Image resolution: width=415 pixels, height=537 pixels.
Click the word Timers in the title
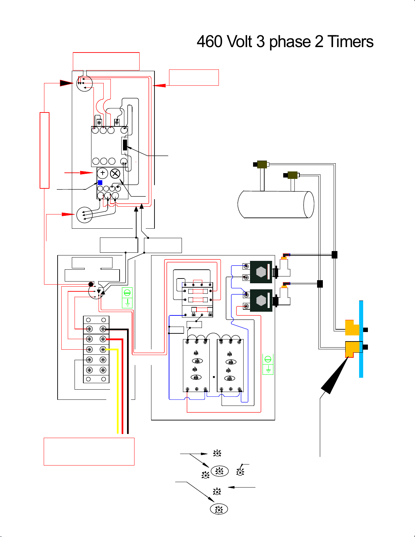(350, 42)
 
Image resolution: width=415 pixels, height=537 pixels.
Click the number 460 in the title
(210, 42)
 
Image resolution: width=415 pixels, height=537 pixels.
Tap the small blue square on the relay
(100, 183)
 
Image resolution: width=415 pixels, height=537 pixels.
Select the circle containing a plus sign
(103, 173)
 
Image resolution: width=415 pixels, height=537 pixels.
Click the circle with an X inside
(115, 173)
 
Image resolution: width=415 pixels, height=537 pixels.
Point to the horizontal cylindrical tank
(276, 204)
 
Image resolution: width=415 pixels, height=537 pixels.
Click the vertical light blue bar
(361, 339)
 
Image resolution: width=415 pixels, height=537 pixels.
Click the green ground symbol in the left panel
(127, 298)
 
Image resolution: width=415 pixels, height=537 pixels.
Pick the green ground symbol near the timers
(268, 364)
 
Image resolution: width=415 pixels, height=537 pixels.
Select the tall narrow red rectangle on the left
(44, 150)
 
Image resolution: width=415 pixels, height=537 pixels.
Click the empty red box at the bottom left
(89, 452)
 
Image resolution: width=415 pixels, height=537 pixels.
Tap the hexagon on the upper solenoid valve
(261, 272)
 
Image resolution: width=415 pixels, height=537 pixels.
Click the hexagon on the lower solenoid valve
(261, 301)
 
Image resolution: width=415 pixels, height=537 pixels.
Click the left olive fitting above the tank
(262, 164)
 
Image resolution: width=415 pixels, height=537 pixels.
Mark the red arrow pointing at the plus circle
(79, 172)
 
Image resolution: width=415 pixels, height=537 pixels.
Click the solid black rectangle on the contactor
(125, 145)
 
